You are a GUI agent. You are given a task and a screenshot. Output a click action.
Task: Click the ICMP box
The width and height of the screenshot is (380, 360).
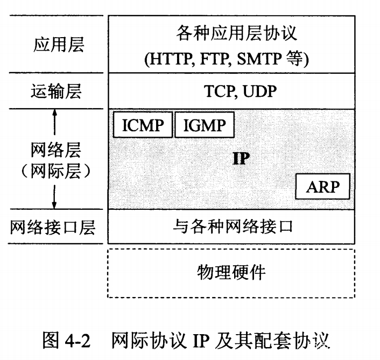click(x=143, y=125)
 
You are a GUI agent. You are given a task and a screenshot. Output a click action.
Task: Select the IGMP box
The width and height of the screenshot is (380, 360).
click(x=205, y=125)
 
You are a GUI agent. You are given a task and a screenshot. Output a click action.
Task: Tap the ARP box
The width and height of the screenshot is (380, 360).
click(x=323, y=187)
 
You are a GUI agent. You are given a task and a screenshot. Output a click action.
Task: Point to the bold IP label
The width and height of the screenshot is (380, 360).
click(x=241, y=158)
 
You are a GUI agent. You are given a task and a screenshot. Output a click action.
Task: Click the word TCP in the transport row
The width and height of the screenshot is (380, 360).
click(x=219, y=91)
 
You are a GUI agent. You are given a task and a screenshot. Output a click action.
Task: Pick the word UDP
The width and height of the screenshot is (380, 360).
click(x=259, y=91)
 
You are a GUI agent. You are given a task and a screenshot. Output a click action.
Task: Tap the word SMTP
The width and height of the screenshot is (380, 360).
click(x=259, y=59)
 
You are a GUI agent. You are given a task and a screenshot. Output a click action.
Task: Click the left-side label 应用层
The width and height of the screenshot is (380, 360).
click(x=59, y=45)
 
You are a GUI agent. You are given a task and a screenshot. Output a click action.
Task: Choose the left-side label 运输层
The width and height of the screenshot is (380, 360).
click(x=56, y=91)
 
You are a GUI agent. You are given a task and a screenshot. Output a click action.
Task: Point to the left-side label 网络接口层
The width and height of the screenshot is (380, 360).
click(x=53, y=227)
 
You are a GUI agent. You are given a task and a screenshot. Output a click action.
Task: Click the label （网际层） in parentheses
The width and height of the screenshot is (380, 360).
click(x=56, y=171)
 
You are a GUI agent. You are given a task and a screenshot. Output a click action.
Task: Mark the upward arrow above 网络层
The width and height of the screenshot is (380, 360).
click(x=55, y=122)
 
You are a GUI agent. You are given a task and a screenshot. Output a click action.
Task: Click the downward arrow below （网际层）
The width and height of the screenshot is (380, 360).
click(x=54, y=197)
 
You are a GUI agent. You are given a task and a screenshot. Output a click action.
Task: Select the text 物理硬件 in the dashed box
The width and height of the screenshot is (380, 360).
click(x=231, y=272)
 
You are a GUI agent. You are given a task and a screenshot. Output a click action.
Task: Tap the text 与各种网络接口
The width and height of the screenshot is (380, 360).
click(x=233, y=227)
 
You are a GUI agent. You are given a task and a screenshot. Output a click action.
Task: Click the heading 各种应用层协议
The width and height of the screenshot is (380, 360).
click(x=236, y=33)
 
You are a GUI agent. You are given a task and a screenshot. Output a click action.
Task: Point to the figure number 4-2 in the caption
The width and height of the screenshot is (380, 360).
click(x=78, y=341)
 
